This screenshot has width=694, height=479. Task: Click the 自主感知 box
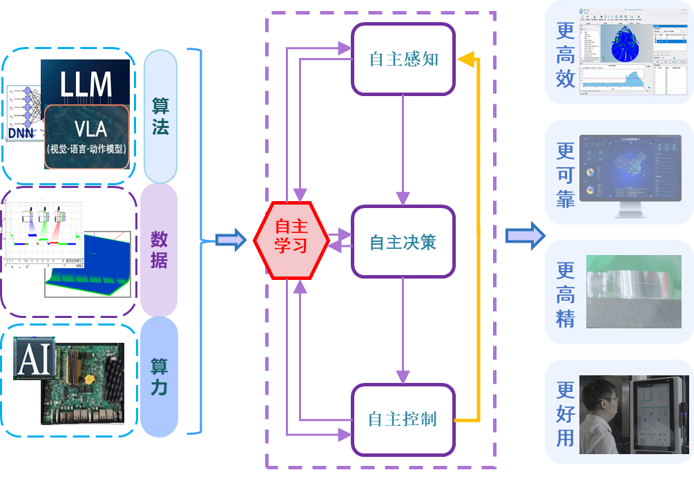click(x=403, y=59)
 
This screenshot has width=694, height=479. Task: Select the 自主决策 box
click(x=403, y=243)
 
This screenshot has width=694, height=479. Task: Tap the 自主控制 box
click(x=403, y=419)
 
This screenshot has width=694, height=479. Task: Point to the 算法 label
click(x=160, y=116)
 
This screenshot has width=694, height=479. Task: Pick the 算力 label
click(x=160, y=377)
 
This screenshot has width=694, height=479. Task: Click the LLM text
click(x=86, y=84)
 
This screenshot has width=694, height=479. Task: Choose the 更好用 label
click(x=566, y=413)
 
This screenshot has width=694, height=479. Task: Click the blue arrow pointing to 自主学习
click(x=231, y=241)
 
